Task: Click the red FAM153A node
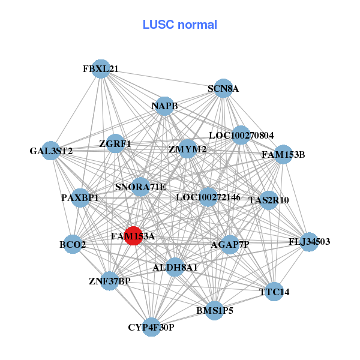point(133,236)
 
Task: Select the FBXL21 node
point(101,69)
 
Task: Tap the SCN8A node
point(223,89)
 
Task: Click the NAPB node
point(164,106)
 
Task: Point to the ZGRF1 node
point(115,145)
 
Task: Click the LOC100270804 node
point(241,136)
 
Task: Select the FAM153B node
point(283,155)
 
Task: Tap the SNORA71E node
point(140,187)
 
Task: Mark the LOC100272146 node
point(208,197)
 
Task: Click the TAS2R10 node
point(269,200)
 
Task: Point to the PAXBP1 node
point(80,197)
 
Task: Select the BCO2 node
point(73,244)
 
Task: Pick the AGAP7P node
point(230,245)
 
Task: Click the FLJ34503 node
point(309,242)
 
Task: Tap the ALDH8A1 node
point(175,266)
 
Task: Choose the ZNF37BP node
point(109,281)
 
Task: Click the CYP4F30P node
point(151,327)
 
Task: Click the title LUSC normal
point(180,25)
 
